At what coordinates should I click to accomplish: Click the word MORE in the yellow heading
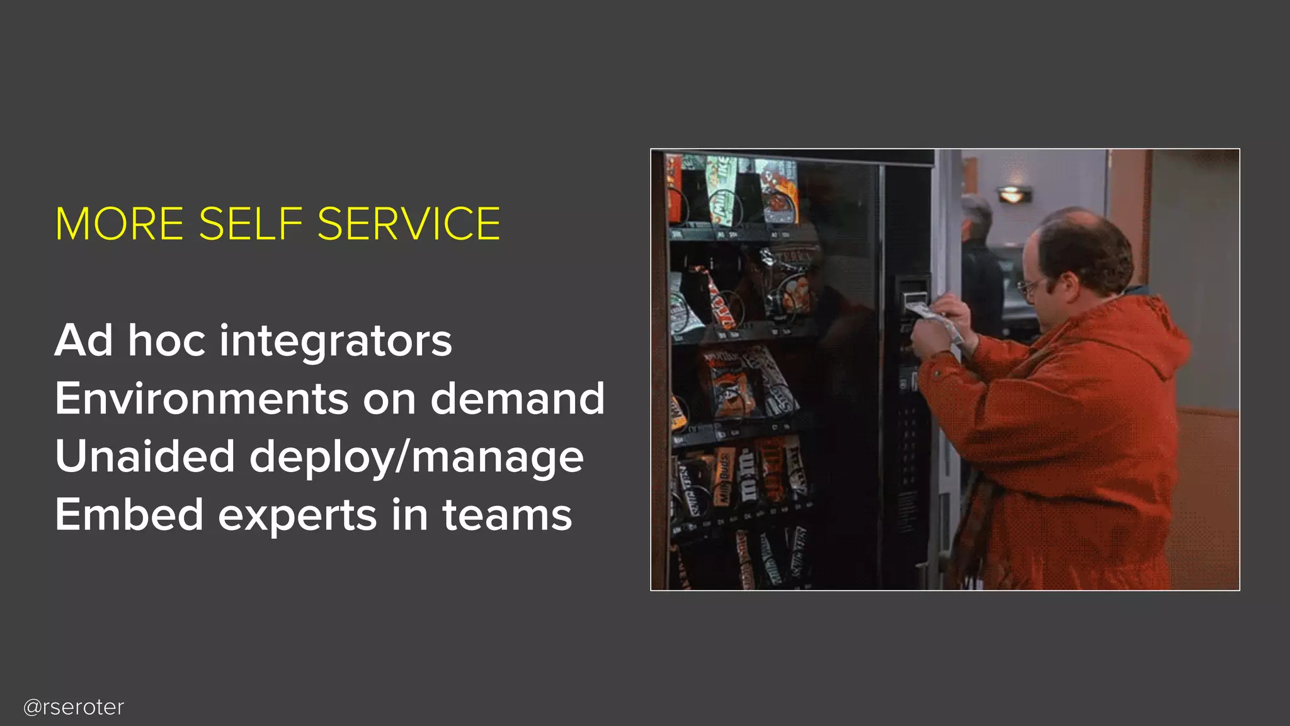click(x=119, y=224)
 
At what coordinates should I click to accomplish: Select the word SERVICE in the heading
click(x=409, y=224)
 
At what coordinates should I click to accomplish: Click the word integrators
click(x=335, y=340)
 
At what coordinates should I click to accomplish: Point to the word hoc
click(x=167, y=340)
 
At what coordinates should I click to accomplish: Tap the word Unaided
click(x=145, y=456)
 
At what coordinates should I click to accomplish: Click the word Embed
click(x=129, y=514)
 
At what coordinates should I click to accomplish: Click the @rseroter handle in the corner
click(x=74, y=707)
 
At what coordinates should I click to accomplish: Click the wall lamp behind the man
click(x=1012, y=194)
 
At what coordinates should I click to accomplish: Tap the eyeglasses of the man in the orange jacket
click(x=1029, y=287)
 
